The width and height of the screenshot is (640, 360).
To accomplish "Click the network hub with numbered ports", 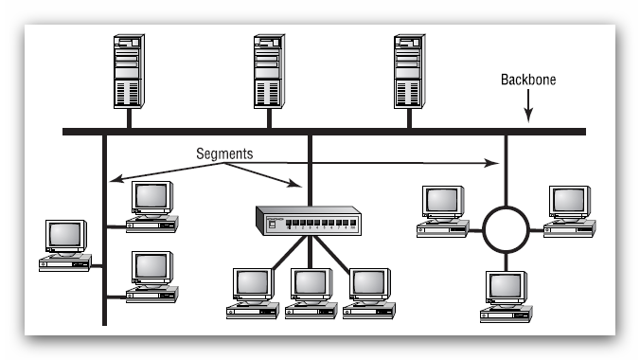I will (x=304, y=221).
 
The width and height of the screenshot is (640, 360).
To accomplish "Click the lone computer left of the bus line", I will (x=65, y=244).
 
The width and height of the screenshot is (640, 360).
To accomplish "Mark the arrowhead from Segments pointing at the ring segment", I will (x=494, y=164).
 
